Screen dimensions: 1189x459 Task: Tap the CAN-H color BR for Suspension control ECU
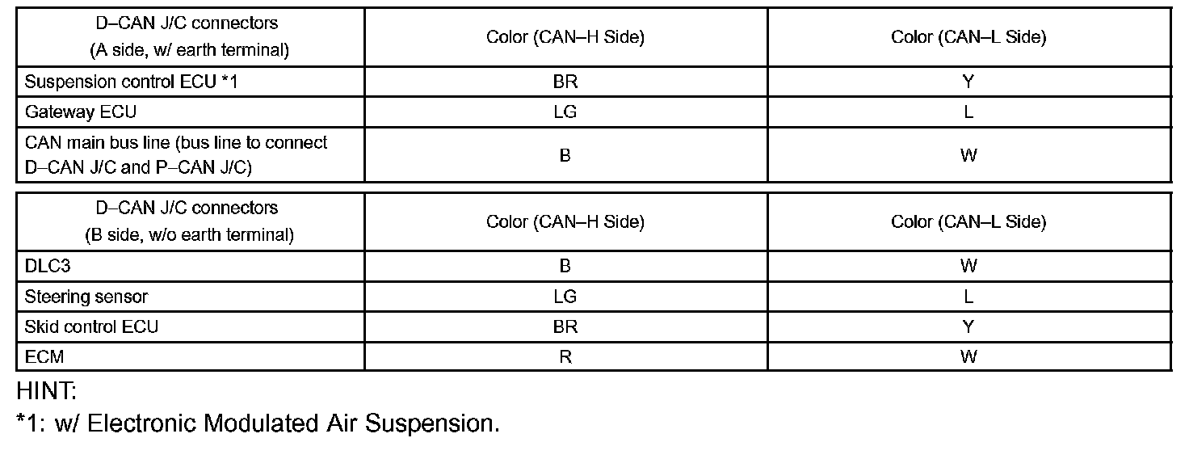pyautogui.click(x=565, y=82)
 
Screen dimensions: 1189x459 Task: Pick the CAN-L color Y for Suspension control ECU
pyautogui.click(x=968, y=82)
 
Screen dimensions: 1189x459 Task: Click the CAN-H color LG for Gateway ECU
pyautogui.click(x=565, y=112)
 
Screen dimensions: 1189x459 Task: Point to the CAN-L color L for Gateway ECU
pyautogui.click(x=968, y=112)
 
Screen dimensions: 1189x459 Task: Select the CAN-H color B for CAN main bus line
pyautogui.click(x=565, y=155)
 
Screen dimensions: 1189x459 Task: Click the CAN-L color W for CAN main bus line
pyautogui.click(x=968, y=155)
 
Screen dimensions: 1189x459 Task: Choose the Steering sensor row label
pyautogui.click(x=86, y=297)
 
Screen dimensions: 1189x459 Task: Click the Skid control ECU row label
pyautogui.click(x=91, y=326)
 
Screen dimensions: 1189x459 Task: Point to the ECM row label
pyautogui.click(x=44, y=356)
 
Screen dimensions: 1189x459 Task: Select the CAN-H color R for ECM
pyautogui.click(x=565, y=356)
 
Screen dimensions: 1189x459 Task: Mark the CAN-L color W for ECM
pyautogui.click(x=968, y=356)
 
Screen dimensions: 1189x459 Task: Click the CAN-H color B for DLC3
pyautogui.click(x=565, y=266)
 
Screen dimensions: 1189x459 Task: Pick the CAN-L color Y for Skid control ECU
pyautogui.click(x=968, y=326)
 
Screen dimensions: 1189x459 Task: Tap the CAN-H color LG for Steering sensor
pyautogui.click(x=565, y=297)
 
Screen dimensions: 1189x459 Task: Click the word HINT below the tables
pyautogui.click(x=47, y=393)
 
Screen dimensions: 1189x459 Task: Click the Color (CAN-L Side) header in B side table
pyautogui.click(x=968, y=221)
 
